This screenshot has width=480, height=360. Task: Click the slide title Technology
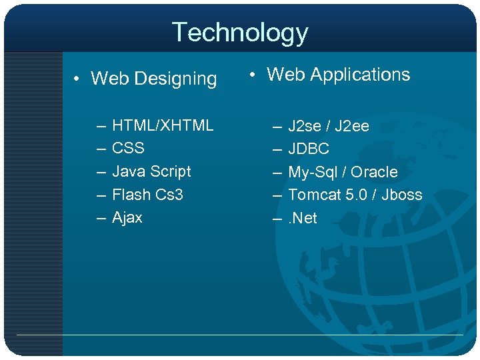pyautogui.click(x=240, y=32)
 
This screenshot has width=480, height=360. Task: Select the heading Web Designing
pyautogui.click(x=153, y=79)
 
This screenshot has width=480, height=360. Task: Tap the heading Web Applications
pyautogui.click(x=338, y=75)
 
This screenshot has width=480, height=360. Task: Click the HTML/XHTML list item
pyautogui.click(x=163, y=125)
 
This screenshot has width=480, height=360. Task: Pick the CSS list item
pyautogui.click(x=128, y=148)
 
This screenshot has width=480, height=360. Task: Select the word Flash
pyautogui.click(x=131, y=195)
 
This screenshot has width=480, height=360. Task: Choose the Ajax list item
pyautogui.click(x=127, y=218)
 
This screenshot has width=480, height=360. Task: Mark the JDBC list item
pyautogui.click(x=309, y=149)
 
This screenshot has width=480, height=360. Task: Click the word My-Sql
pyautogui.click(x=313, y=172)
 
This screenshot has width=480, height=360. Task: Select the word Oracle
pyautogui.click(x=374, y=172)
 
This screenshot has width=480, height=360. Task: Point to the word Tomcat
pyautogui.click(x=313, y=195)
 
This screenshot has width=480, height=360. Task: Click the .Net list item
pyautogui.click(x=303, y=218)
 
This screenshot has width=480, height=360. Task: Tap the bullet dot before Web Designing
pyautogui.click(x=77, y=80)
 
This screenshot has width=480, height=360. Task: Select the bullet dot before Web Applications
pyautogui.click(x=253, y=75)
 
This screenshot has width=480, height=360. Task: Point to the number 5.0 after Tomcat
pyautogui.click(x=355, y=195)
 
